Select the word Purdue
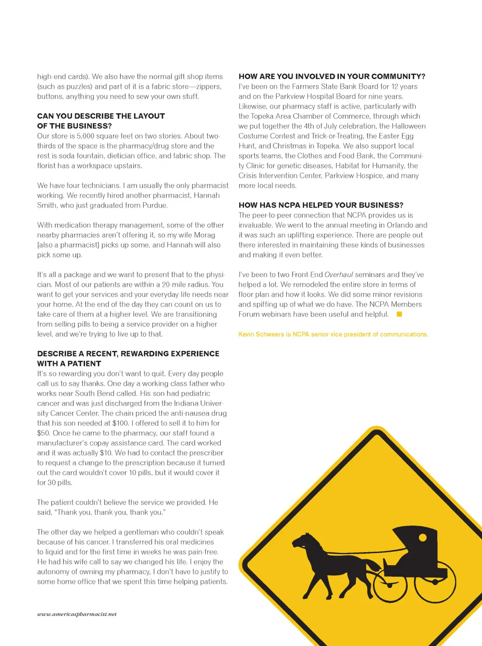point(154,205)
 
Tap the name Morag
point(204,235)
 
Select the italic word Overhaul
point(338,274)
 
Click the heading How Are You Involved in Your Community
point(332,76)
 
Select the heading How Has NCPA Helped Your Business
point(321,205)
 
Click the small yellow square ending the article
point(399,314)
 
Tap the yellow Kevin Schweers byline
point(333,334)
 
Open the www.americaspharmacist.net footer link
point(77,614)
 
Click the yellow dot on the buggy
point(423,538)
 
